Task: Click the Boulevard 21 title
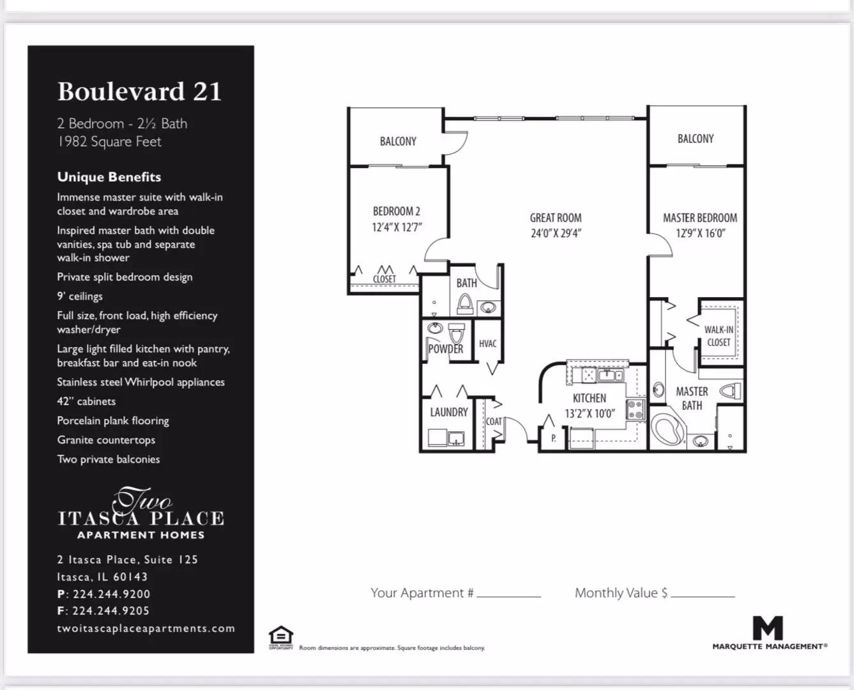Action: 139,91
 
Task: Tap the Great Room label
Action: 556,218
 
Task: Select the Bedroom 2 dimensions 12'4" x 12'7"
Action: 397,227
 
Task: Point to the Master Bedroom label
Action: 699,218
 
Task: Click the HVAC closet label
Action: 487,344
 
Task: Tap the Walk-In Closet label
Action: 719,336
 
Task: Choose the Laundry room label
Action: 448,411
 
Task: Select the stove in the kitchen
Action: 636,410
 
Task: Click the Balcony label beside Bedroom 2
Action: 398,141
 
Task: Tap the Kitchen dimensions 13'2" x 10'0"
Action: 590,413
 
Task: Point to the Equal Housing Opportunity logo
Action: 280,637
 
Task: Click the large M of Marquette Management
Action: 767,628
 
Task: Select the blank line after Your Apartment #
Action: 509,597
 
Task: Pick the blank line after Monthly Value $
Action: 703,597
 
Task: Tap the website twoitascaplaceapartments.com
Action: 146,628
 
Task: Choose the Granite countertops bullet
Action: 106,440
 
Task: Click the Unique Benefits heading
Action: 109,177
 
